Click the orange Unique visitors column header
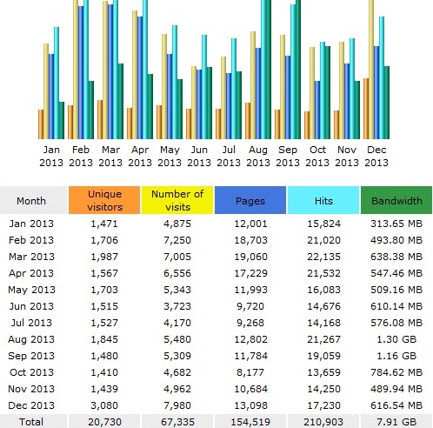tap(104, 200)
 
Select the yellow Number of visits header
tap(177, 200)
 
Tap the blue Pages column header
tap(250, 200)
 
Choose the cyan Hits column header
tap(323, 200)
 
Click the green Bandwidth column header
tap(396, 200)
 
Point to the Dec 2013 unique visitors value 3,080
tap(104, 405)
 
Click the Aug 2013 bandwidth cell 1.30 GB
tap(396, 339)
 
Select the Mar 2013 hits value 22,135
tap(323, 257)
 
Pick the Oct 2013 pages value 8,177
tap(250, 372)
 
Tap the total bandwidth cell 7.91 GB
tap(396, 422)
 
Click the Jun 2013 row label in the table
tap(31, 306)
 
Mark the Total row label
tap(31, 422)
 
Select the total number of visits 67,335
tap(177, 422)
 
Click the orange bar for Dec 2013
tap(366, 109)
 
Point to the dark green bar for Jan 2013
tap(62, 120)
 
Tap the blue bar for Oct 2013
tap(317, 110)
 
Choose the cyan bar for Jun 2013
tap(204, 87)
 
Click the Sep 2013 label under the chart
tap(288, 156)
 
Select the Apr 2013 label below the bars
tap(140, 156)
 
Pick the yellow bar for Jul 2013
tap(223, 97)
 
